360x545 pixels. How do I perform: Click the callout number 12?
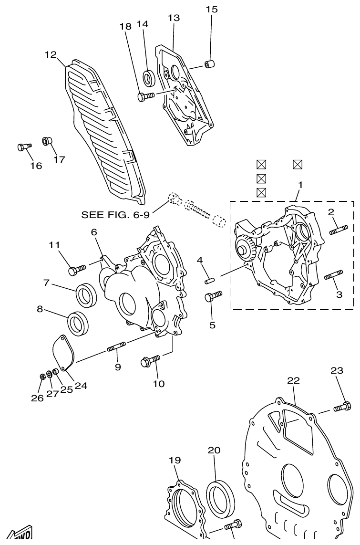tap(51, 55)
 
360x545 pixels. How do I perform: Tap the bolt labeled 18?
tap(145, 96)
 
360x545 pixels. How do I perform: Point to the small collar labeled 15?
tap(209, 63)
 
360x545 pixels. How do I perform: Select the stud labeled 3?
tap(333, 276)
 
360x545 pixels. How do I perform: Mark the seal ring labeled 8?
tap(77, 323)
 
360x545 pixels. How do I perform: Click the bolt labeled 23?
tap(342, 407)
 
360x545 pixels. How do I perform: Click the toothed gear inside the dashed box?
tap(247, 249)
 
